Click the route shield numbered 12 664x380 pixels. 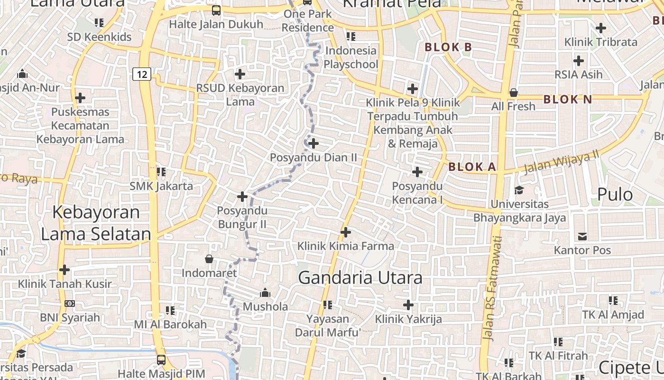pyautogui.click(x=142, y=74)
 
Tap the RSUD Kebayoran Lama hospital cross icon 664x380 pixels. pyautogui.click(x=240, y=74)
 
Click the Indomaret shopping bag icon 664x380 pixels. pyautogui.click(x=209, y=259)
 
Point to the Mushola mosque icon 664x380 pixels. pyautogui.click(x=265, y=292)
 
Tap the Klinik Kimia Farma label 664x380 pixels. pyautogui.click(x=345, y=246)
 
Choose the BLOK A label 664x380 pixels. pyautogui.click(x=472, y=167)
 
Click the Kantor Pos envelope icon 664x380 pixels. pyautogui.click(x=582, y=236)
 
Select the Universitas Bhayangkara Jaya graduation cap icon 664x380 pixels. pyautogui.click(x=519, y=190)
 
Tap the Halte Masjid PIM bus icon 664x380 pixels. pyautogui.click(x=161, y=360)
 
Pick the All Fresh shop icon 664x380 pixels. pyautogui.click(x=513, y=93)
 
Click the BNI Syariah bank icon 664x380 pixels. pyautogui.click(x=69, y=303)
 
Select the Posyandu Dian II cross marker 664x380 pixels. pyautogui.click(x=313, y=143)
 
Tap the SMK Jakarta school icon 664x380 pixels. pyautogui.click(x=161, y=171)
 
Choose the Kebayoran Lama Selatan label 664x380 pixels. pyautogui.click(x=96, y=223)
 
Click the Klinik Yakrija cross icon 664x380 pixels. pyautogui.click(x=408, y=305)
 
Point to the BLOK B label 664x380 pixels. pyautogui.click(x=448, y=47)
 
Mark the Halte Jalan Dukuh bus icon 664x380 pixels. pyautogui.click(x=216, y=10)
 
